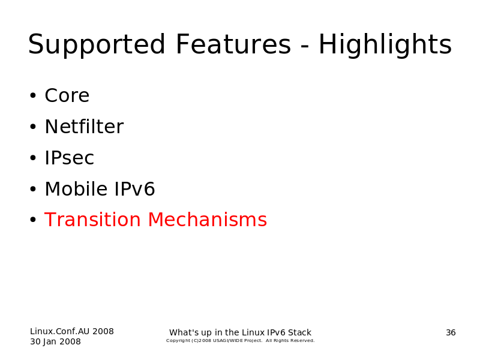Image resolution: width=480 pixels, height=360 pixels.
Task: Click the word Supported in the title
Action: point(97,45)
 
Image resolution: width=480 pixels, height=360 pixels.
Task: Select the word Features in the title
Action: point(233,44)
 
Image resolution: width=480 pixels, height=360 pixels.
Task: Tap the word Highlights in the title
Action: point(385,45)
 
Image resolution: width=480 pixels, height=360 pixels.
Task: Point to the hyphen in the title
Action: point(305,47)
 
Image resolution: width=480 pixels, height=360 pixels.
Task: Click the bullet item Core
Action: point(67,95)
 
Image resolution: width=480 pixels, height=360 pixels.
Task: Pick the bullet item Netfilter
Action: point(84,127)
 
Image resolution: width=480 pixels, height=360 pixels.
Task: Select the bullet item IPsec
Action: point(69,158)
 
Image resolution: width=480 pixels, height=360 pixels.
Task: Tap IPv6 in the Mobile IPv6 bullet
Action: point(134,189)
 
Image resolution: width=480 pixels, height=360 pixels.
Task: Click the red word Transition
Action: point(92,220)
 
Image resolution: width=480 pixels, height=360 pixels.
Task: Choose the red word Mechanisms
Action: point(208,220)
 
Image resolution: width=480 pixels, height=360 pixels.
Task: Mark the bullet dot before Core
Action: point(33,96)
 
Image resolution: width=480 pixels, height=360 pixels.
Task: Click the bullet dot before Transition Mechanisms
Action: point(33,220)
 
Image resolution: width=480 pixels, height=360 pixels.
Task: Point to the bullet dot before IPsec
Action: point(33,158)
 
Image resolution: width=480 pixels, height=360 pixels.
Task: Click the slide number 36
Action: point(451,332)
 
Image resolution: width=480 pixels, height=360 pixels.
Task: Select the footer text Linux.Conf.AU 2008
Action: point(72,331)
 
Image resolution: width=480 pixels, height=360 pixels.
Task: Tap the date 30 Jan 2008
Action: point(55,341)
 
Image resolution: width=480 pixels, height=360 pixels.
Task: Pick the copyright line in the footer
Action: point(241,341)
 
